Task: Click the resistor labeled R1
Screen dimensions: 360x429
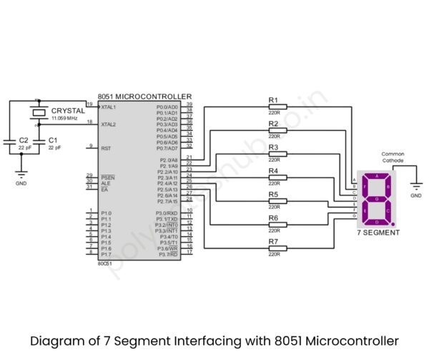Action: click(x=277, y=107)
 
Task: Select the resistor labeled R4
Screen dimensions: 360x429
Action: click(x=277, y=177)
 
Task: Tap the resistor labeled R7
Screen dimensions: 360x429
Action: click(x=277, y=248)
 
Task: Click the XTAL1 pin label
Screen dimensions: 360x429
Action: click(x=108, y=107)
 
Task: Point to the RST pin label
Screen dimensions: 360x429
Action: click(x=106, y=148)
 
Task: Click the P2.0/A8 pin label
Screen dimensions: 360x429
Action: click(x=169, y=160)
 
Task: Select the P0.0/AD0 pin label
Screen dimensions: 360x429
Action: click(x=167, y=107)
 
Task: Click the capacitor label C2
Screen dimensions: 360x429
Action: click(x=24, y=140)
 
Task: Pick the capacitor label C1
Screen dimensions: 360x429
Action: click(x=53, y=140)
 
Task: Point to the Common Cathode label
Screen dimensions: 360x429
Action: click(x=393, y=157)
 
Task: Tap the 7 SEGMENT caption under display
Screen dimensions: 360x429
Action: click(x=378, y=233)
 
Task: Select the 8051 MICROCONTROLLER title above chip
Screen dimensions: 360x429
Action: click(x=145, y=96)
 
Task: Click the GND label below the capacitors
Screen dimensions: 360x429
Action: click(x=21, y=184)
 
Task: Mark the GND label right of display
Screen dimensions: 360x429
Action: click(x=415, y=195)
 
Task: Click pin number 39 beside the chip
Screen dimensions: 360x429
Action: click(x=189, y=104)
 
